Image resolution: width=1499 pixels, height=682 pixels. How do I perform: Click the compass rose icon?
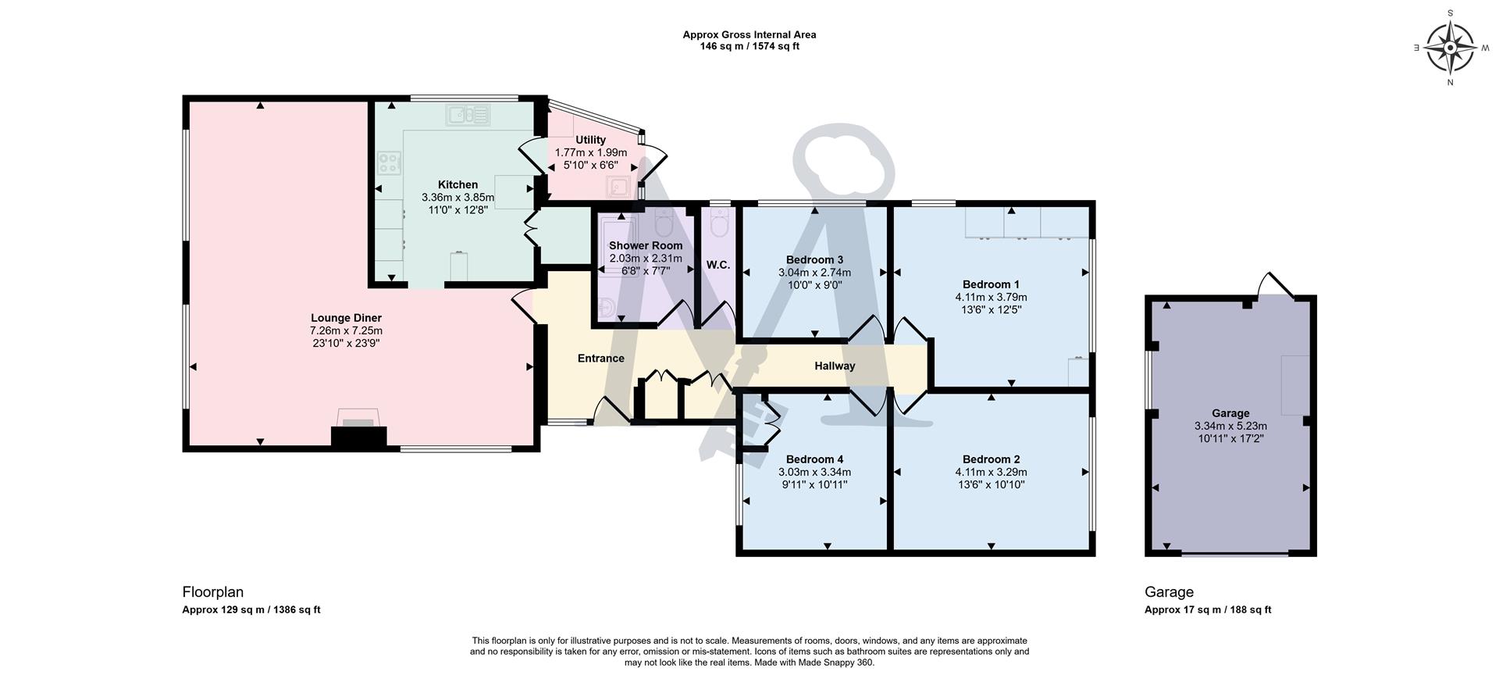1450,48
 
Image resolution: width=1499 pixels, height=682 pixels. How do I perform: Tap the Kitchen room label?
458,185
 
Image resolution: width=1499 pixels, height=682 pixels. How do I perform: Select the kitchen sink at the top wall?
468,116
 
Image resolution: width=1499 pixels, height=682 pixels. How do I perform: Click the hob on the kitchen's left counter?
389,163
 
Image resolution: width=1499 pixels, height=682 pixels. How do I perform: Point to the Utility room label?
590,140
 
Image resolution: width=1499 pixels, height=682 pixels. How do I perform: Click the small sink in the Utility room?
620,187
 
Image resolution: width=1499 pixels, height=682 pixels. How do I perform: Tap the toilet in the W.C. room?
719,223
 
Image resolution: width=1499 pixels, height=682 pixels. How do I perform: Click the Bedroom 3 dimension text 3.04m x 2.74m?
814,273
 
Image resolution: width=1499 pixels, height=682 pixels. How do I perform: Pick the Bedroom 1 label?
990,284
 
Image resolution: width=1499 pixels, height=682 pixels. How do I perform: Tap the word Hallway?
835,366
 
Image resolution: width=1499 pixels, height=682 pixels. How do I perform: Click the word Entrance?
600,359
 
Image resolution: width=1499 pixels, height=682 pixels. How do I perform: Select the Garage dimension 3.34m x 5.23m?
1230,426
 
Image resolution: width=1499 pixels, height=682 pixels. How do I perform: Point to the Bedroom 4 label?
814,459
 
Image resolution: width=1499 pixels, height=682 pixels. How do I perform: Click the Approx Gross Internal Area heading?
749,34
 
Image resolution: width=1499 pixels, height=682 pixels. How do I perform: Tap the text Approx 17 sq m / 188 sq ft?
1207,610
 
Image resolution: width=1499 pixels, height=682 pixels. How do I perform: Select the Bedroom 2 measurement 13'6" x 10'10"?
990,484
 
